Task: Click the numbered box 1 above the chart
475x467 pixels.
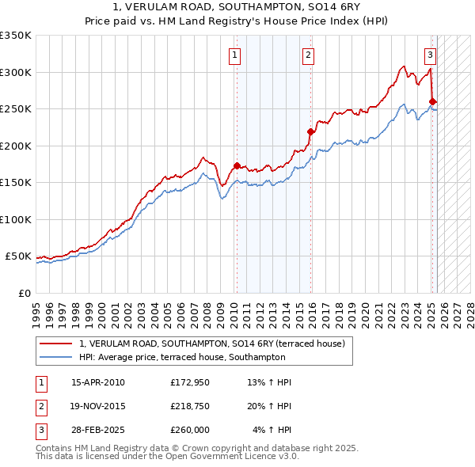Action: pos(236,55)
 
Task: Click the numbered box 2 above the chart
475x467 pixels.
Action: pos(308,55)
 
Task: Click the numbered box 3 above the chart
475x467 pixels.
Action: pos(429,55)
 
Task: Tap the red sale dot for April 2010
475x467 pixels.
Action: pos(237,165)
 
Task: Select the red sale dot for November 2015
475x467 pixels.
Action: pos(310,132)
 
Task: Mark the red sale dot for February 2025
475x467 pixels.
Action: pos(432,101)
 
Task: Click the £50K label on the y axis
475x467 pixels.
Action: pos(17,256)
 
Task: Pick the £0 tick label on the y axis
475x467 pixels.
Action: pos(24,293)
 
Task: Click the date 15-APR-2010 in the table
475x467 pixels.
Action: pos(98,382)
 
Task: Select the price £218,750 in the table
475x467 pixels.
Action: pos(190,406)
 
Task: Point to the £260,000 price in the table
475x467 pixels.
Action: pos(190,430)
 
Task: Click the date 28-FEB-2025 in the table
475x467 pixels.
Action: pos(98,430)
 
